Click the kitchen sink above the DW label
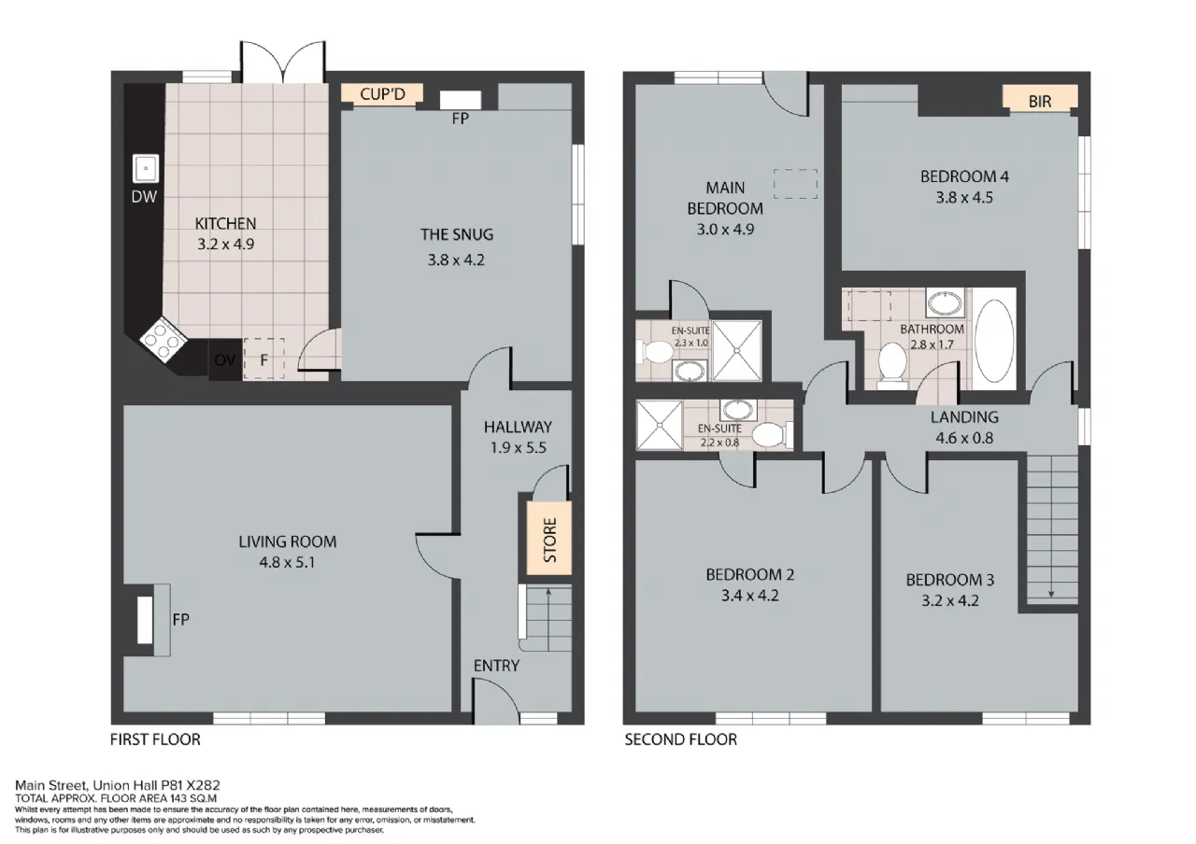[145, 168]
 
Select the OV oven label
[225, 360]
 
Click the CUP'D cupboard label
[382, 94]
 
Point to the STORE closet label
[550, 540]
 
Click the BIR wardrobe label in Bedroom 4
[1040, 102]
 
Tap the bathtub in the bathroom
[993, 341]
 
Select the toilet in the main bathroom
[892, 364]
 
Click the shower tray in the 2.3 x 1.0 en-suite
[737, 350]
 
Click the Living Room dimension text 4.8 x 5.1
[287, 562]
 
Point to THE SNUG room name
[457, 234]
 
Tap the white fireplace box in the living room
[145, 619]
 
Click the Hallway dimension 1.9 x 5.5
[518, 447]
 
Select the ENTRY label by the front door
[496, 666]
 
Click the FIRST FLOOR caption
[155, 739]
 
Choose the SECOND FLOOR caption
[681, 739]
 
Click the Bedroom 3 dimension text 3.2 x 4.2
[950, 600]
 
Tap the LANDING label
[964, 416]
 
